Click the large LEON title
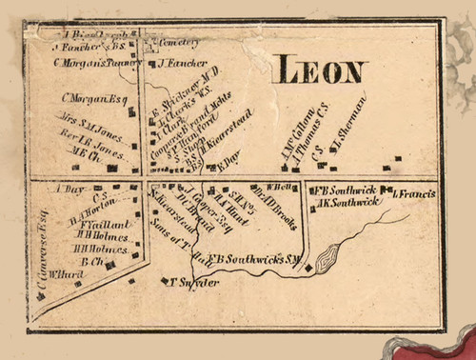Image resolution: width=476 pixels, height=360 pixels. pos(320,71)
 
